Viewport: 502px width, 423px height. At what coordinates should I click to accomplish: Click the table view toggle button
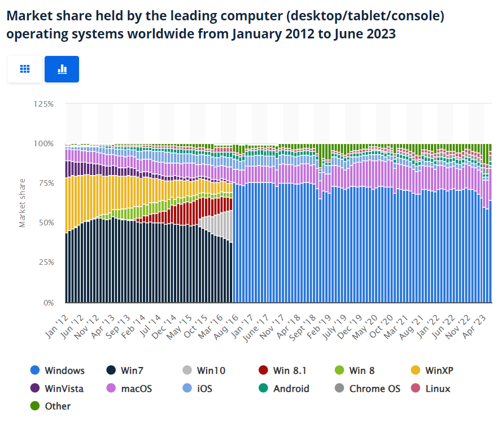point(24,69)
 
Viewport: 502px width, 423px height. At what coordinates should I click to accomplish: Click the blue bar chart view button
point(62,69)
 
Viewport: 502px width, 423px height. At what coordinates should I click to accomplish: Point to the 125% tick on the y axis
point(43,104)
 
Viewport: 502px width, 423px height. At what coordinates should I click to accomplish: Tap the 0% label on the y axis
point(48,302)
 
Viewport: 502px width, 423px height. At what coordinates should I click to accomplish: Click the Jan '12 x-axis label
point(58,321)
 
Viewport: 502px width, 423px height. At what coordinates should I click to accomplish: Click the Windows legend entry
point(64,371)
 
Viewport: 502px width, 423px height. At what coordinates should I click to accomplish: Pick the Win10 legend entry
point(211,371)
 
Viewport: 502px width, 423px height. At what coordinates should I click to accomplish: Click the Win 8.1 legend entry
point(289,371)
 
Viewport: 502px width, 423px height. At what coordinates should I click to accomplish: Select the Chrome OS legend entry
point(374,389)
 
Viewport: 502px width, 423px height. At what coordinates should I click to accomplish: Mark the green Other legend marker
point(34,406)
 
